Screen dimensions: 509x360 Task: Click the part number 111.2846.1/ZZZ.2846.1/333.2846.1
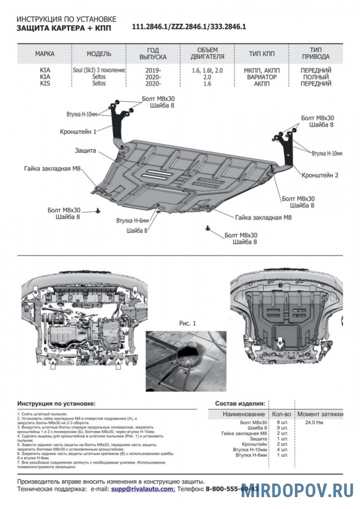(189, 27)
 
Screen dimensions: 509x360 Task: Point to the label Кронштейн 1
(79, 131)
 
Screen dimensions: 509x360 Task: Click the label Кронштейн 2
(320, 175)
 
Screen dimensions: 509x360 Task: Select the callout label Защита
(85, 152)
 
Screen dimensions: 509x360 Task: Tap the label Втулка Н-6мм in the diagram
(132, 221)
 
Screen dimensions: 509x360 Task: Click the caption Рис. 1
(187, 323)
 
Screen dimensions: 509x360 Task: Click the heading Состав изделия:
(240, 404)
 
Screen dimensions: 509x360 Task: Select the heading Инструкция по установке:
(57, 404)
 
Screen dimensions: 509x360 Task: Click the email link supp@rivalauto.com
(143, 488)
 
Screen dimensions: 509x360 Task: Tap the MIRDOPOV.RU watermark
(298, 491)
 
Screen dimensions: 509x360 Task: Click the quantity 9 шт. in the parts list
(282, 428)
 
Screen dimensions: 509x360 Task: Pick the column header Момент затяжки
(320, 415)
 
